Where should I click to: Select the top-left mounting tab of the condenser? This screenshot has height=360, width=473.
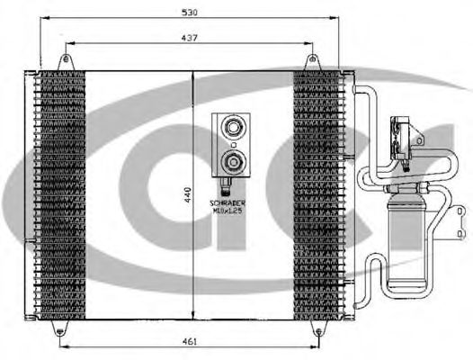pos(64,61)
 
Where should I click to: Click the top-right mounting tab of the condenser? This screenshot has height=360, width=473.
pos(312,61)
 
